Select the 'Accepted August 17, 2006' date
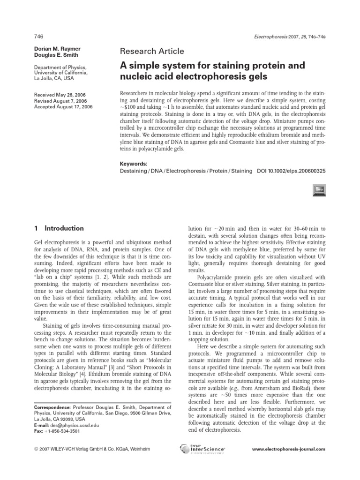(x=64, y=106)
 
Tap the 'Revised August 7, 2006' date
(x=61, y=100)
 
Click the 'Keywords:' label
(x=134, y=164)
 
